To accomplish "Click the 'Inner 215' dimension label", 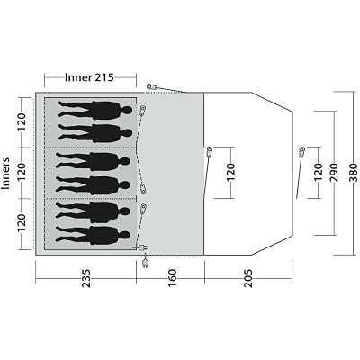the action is click(x=89, y=77).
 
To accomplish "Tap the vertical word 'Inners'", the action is click(x=6, y=174).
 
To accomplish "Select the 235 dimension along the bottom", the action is click(x=86, y=278).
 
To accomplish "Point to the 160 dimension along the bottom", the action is click(x=173, y=278).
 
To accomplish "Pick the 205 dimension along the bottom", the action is click(x=248, y=278).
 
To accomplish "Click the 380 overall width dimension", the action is click(x=355, y=173).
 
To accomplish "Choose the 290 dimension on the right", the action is click(x=333, y=173).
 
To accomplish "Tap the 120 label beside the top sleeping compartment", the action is click(x=22, y=122).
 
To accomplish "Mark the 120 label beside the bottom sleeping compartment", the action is click(x=22, y=223).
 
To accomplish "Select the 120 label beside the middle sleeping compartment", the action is click(x=22, y=173).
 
